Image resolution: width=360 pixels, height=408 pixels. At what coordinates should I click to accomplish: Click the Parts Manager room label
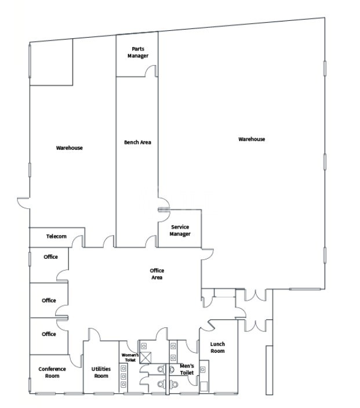138,52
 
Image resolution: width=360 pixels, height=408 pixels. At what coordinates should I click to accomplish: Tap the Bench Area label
137,142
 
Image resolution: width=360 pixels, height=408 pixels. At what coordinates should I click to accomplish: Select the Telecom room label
56,236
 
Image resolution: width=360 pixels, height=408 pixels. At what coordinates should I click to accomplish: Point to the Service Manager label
180,230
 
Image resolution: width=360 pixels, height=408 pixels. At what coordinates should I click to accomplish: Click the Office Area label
157,274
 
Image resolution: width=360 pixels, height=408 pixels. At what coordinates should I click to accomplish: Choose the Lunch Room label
217,348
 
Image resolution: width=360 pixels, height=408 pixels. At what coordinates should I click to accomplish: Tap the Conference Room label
52,372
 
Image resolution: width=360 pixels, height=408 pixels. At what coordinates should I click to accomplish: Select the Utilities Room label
101,372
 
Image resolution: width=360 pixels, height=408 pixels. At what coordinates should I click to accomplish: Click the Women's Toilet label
129,358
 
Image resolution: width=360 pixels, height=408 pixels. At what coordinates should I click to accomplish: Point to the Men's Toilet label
187,369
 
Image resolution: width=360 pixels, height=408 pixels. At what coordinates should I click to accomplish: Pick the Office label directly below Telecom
51,257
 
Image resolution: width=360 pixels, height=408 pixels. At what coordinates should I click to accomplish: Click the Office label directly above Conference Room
49,334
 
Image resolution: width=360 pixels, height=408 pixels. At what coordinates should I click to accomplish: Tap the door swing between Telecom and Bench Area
108,241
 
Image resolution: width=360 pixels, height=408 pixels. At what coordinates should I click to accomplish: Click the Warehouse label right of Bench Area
252,139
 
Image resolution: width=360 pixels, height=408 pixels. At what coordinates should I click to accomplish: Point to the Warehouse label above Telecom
69,148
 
